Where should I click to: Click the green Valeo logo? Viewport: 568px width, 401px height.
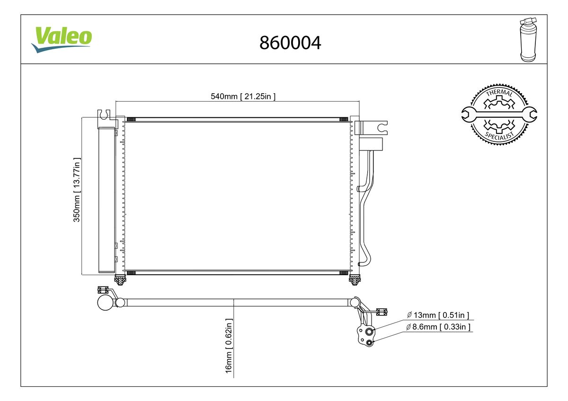(62, 40)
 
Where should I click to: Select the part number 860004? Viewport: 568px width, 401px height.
(290, 43)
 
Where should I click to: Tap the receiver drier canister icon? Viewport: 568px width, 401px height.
(528, 40)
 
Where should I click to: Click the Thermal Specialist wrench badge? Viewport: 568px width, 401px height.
(499, 114)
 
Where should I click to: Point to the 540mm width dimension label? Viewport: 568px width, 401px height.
(243, 96)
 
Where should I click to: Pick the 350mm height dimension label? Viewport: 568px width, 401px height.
(77, 190)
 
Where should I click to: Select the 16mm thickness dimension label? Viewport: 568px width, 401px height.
(229, 346)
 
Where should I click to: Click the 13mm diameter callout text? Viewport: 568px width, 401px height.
(438, 315)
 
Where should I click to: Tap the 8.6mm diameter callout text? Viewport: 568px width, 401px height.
(438, 327)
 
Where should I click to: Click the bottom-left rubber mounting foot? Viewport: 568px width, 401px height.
(120, 280)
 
